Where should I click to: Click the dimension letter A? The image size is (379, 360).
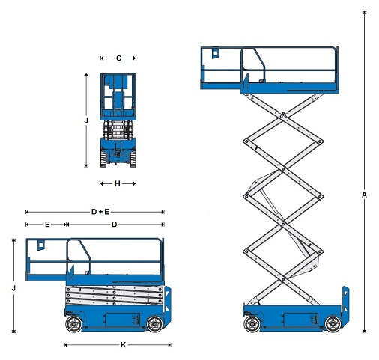[364, 195]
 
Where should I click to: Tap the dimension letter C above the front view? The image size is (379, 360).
[118, 58]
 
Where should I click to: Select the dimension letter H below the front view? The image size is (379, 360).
[118, 183]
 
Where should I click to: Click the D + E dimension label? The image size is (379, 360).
[100, 212]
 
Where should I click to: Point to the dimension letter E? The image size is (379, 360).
[47, 225]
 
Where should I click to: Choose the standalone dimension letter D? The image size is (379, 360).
[114, 225]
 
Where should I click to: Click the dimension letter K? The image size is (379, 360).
[123, 345]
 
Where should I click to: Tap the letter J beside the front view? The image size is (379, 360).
[86, 120]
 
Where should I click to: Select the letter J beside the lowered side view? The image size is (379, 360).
[13, 288]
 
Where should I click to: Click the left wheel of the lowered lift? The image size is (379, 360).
[73, 324]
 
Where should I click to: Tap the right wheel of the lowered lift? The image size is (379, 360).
[155, 324]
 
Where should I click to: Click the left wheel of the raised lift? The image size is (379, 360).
[252, 324]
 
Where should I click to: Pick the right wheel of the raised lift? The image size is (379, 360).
[333, 324]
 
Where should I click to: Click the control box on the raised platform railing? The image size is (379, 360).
[216, 53]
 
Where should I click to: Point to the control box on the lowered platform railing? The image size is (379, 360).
[41, 245]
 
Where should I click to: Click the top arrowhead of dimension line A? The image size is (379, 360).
[364, 13]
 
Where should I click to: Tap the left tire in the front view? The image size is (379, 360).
[103, 159]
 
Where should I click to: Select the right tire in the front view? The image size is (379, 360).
[133, 159]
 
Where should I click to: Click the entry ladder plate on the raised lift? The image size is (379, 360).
[345, 308]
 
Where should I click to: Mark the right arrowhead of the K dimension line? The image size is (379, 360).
[170, 345]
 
